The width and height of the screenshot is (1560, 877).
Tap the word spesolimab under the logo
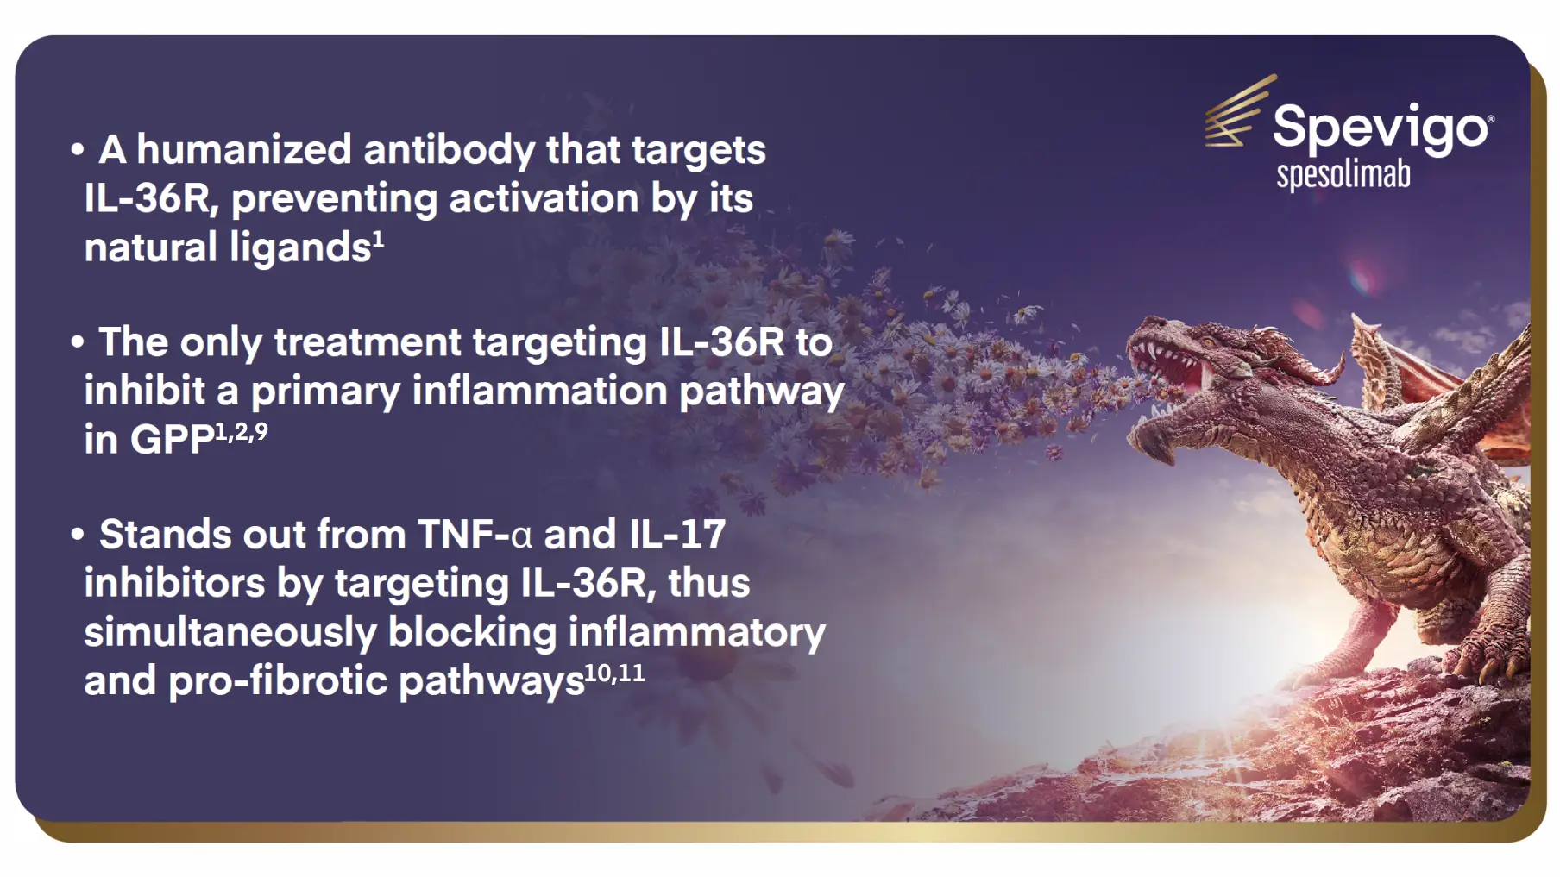click(x=1343, y=175)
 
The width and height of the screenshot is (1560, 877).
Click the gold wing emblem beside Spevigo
click(x=1238, y=112)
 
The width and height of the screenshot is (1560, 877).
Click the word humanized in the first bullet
click(x=244, y=150)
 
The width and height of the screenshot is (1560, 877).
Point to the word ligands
click(x=300, y=248)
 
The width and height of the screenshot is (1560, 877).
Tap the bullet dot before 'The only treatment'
click(x=78, y=342)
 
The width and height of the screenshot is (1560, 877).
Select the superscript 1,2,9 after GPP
click(x=242, y=430)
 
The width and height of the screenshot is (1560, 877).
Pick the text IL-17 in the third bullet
click(x=677, y=535)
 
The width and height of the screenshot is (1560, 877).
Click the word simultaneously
click(x=230, y=632)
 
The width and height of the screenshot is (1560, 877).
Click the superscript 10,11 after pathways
click(x=614, y=673)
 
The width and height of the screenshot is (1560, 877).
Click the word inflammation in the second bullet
click(x=539, y=391)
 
